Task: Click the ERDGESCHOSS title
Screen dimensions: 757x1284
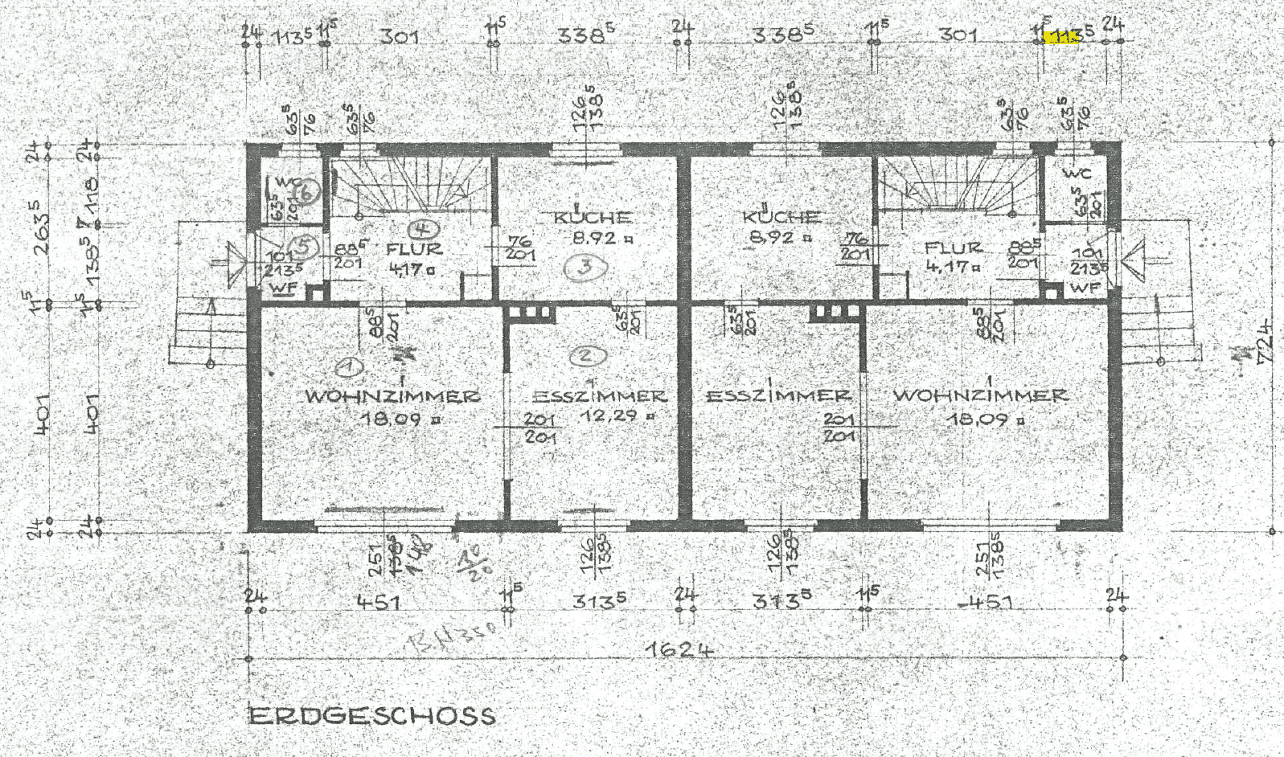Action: click(x=371, y=715)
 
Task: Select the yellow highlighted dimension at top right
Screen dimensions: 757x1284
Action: click(x=1060, y=36)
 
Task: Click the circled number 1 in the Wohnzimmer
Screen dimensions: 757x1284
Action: click(x=348, y=367)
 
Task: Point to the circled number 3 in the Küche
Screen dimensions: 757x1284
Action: click(x=591, y=268)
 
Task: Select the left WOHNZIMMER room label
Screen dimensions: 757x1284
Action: click(x=392, y=396)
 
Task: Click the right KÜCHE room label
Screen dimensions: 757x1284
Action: click(x=781, y=217)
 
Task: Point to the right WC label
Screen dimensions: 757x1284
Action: click(x=1077, y=173)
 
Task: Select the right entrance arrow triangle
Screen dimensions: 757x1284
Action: click(x=1133, y=261)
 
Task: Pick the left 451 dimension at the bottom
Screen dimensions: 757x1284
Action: click(x=377, y=602)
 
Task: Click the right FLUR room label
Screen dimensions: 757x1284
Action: click(x=953, y=248)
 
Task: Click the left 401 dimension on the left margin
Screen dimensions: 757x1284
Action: click(x=43, y=414)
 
